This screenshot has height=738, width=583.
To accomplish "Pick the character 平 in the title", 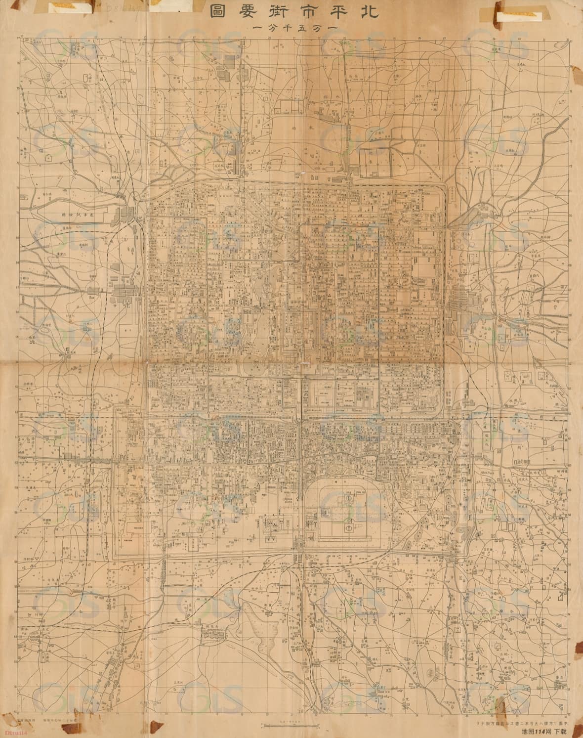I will click(334, 11).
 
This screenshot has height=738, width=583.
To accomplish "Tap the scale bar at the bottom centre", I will click(290, 725).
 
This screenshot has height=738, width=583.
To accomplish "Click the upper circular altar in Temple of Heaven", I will click(348, 499).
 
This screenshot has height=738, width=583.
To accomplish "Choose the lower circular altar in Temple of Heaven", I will click(348, 528).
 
